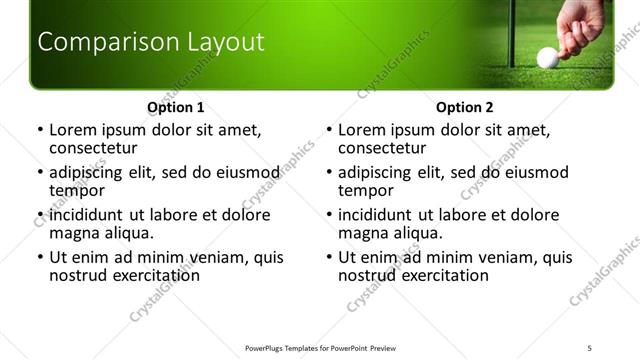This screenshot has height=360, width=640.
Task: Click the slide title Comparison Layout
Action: (150, 42)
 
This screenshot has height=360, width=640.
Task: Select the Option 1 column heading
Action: (175, 107)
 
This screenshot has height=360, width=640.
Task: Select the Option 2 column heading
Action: (464, 107)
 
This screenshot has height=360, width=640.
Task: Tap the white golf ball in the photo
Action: (547, 58)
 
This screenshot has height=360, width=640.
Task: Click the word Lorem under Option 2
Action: (361, 130)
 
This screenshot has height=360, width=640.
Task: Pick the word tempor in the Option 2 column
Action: (365, 191)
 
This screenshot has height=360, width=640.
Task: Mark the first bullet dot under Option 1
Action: (39, 130)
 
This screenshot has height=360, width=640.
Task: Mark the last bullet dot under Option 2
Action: (328, 258)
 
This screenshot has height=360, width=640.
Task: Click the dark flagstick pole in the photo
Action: (510, 30)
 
